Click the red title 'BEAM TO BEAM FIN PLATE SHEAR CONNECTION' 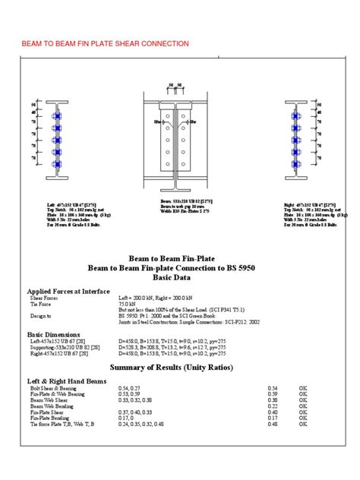coord(106,44)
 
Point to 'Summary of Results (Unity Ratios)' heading coord(180,368)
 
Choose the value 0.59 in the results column coord(273,393)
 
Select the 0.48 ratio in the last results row coord(273,424)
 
